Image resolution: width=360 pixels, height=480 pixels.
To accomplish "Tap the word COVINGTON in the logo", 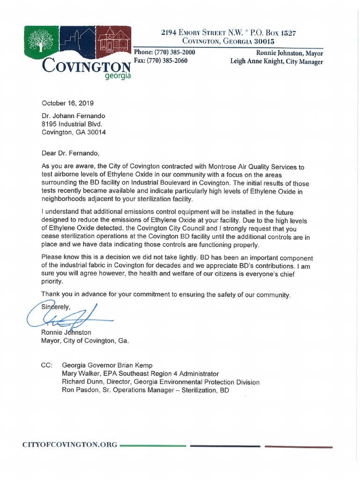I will point(86,65).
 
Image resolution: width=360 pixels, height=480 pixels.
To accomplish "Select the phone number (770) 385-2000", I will point(171,52).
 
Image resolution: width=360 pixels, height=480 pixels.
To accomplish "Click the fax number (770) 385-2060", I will point(168,61).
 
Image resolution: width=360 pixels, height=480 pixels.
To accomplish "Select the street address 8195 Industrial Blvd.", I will point(71,124).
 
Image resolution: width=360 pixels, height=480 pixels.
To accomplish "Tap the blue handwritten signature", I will point(66,317).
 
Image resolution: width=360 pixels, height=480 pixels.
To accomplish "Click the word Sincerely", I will point(55,307).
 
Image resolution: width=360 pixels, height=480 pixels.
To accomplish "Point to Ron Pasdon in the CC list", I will point(79,390).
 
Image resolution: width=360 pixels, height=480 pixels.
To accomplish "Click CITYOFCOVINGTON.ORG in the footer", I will point(70,444).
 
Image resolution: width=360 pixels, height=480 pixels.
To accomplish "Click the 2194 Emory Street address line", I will point(228,33).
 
